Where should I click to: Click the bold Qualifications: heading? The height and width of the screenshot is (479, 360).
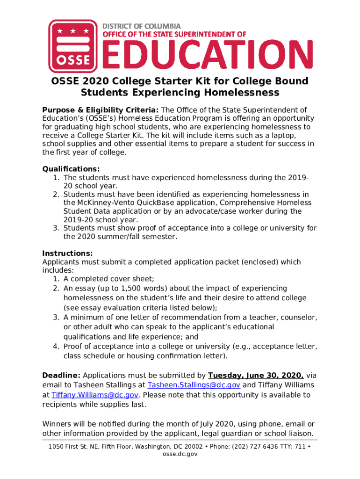click(71, 169)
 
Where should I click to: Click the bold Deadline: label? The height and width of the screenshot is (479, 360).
click(62, 375)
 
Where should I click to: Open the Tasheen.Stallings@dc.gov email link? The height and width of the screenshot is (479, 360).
click(194, 385)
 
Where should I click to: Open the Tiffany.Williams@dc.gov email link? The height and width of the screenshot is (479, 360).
click(95, 395)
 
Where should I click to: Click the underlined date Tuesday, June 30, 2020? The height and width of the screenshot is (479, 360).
click(256, 375)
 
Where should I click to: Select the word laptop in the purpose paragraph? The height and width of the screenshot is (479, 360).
click(297, 135)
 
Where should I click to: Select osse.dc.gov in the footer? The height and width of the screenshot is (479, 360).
click(180, 454)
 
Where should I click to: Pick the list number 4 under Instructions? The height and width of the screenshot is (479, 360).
click(55, 346)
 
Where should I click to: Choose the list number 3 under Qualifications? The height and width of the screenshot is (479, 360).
click(55, 228)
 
